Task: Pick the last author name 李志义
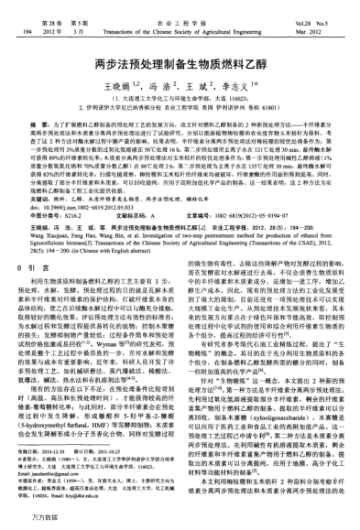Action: pyautogui.click(x=227, y=86)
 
